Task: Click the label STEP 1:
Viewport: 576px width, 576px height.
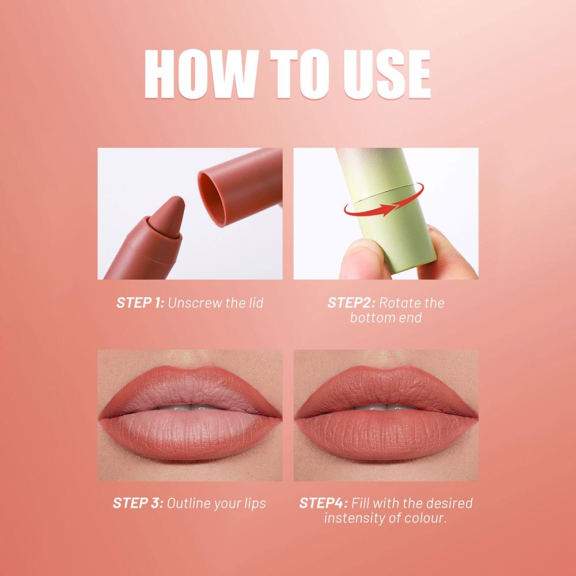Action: coord(140,302)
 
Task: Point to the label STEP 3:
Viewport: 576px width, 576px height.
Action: coord(139,503)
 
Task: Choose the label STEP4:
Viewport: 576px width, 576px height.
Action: coord(323,503)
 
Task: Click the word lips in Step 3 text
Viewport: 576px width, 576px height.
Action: coord(253,503)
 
